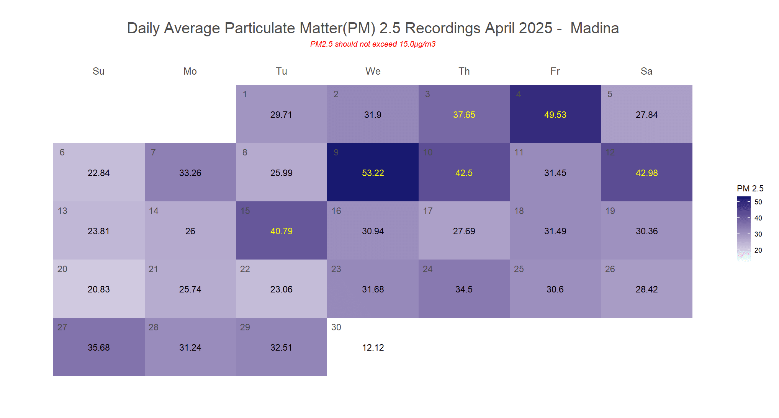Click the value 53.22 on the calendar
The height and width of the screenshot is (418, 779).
(x=373, y=173)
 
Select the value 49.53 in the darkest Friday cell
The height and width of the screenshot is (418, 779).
(x=555, y=115)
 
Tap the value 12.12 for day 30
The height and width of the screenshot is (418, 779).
(x=373, y=348)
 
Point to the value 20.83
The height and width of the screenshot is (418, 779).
(x=98, y=289)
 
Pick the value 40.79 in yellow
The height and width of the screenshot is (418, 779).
(x=281, y=231)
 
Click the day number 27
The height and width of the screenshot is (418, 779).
(x=62, y=327)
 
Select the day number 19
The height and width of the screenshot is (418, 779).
(x=610, y=211)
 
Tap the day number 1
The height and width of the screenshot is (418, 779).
(x=245, y=94)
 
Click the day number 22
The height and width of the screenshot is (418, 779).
(x=245, y=269)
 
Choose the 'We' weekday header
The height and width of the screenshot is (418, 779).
(x=373, y=71)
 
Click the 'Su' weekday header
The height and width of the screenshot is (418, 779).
(x=98, y=71)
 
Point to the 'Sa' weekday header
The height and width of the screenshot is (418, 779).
(x=646, y=71)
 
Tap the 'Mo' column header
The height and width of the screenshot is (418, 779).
(x=190, y=71)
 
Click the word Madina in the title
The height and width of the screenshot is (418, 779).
(x=594, y=28)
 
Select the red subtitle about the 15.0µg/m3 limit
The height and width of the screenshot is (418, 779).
(x=373, y=44)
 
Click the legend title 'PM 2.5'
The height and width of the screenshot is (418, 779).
(x=750, y=188)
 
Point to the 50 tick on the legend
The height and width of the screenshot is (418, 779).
(x=758, y=202)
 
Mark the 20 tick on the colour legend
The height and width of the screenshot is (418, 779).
(x=758, y=250)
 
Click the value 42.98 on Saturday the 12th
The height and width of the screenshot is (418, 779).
(x=646, y=173)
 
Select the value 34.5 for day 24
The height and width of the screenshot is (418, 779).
(x=464, y=289)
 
